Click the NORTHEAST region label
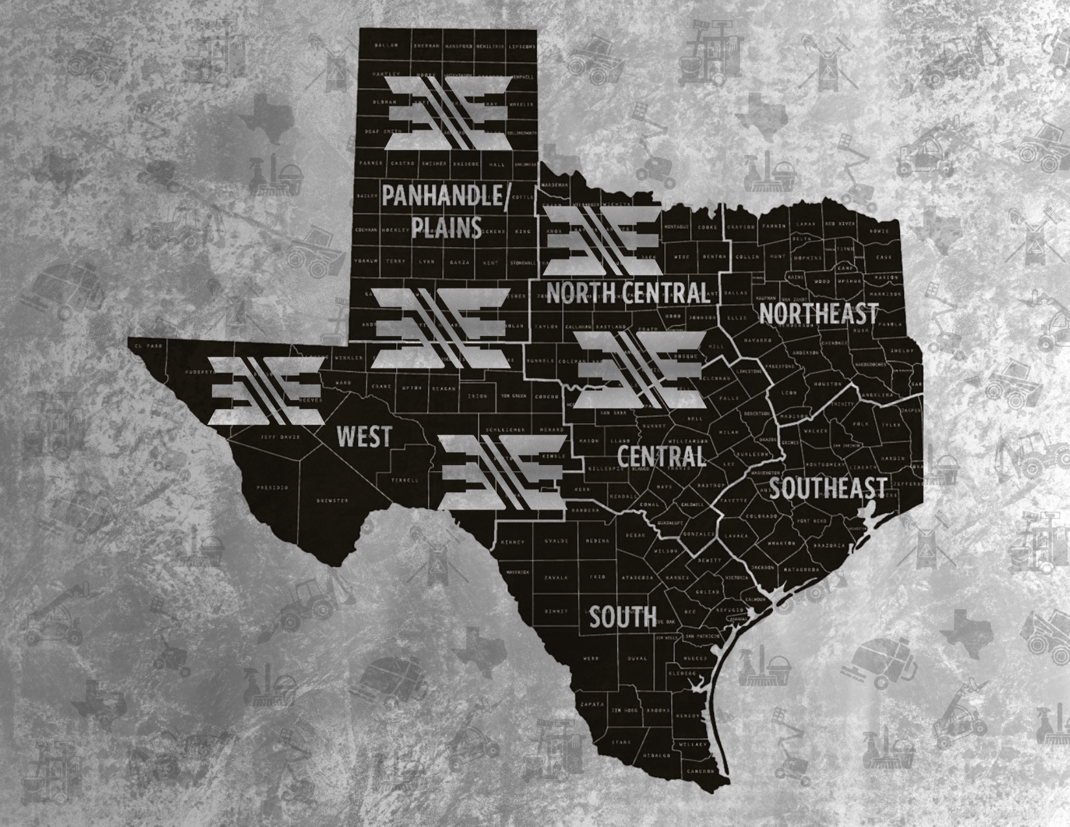tap(818, 313)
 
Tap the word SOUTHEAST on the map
tap(827, 488)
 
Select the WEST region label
tap(364, 437)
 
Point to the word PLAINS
tap(447, 228)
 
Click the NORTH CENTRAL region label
tap(628, 293)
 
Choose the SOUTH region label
tap(623, 617)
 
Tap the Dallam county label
tap(385, 46)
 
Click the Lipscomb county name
tap(521, 47)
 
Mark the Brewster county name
tap(333, 500)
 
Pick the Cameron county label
tap(701, 771)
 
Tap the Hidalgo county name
tap(657, 756)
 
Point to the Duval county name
tap(637, 658)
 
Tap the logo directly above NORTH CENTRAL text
tap(604, 242)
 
